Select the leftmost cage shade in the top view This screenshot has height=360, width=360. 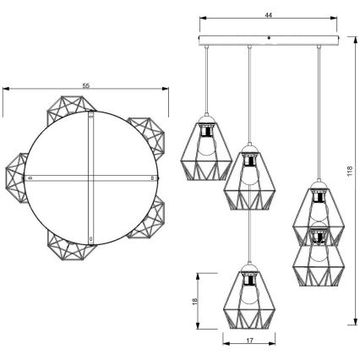(17, 178)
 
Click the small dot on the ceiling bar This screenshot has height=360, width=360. (269, 38)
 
